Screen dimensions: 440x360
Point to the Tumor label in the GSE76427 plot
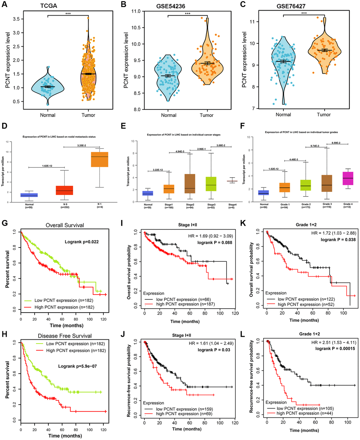tap(324, 114)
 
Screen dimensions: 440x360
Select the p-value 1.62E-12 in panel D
tap(47, 165)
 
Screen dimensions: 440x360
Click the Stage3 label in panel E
tap(211, 204)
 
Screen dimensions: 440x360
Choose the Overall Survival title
tap(65, 225)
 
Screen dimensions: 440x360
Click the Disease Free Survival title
tap(65, 336)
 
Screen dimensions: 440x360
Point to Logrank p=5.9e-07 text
tap(78, 366)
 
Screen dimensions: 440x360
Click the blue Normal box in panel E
tap(148, 193)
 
